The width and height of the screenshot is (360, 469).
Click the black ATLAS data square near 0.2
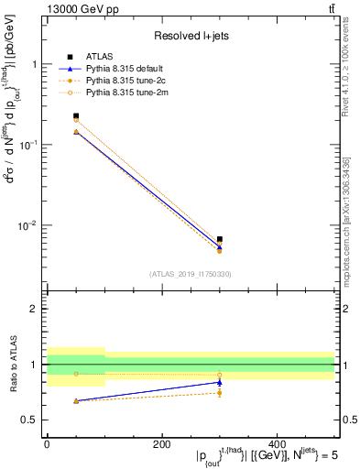[76, 116]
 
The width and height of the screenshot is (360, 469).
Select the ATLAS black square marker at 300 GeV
[220, 239]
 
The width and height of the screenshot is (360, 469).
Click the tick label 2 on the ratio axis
[34, 309]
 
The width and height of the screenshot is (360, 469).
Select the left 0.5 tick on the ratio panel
[30, 420]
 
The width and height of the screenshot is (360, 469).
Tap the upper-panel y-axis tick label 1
[34, 65]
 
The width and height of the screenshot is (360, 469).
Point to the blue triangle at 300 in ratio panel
[220, 382]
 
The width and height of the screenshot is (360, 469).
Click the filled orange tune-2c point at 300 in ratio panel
[220, 393]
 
